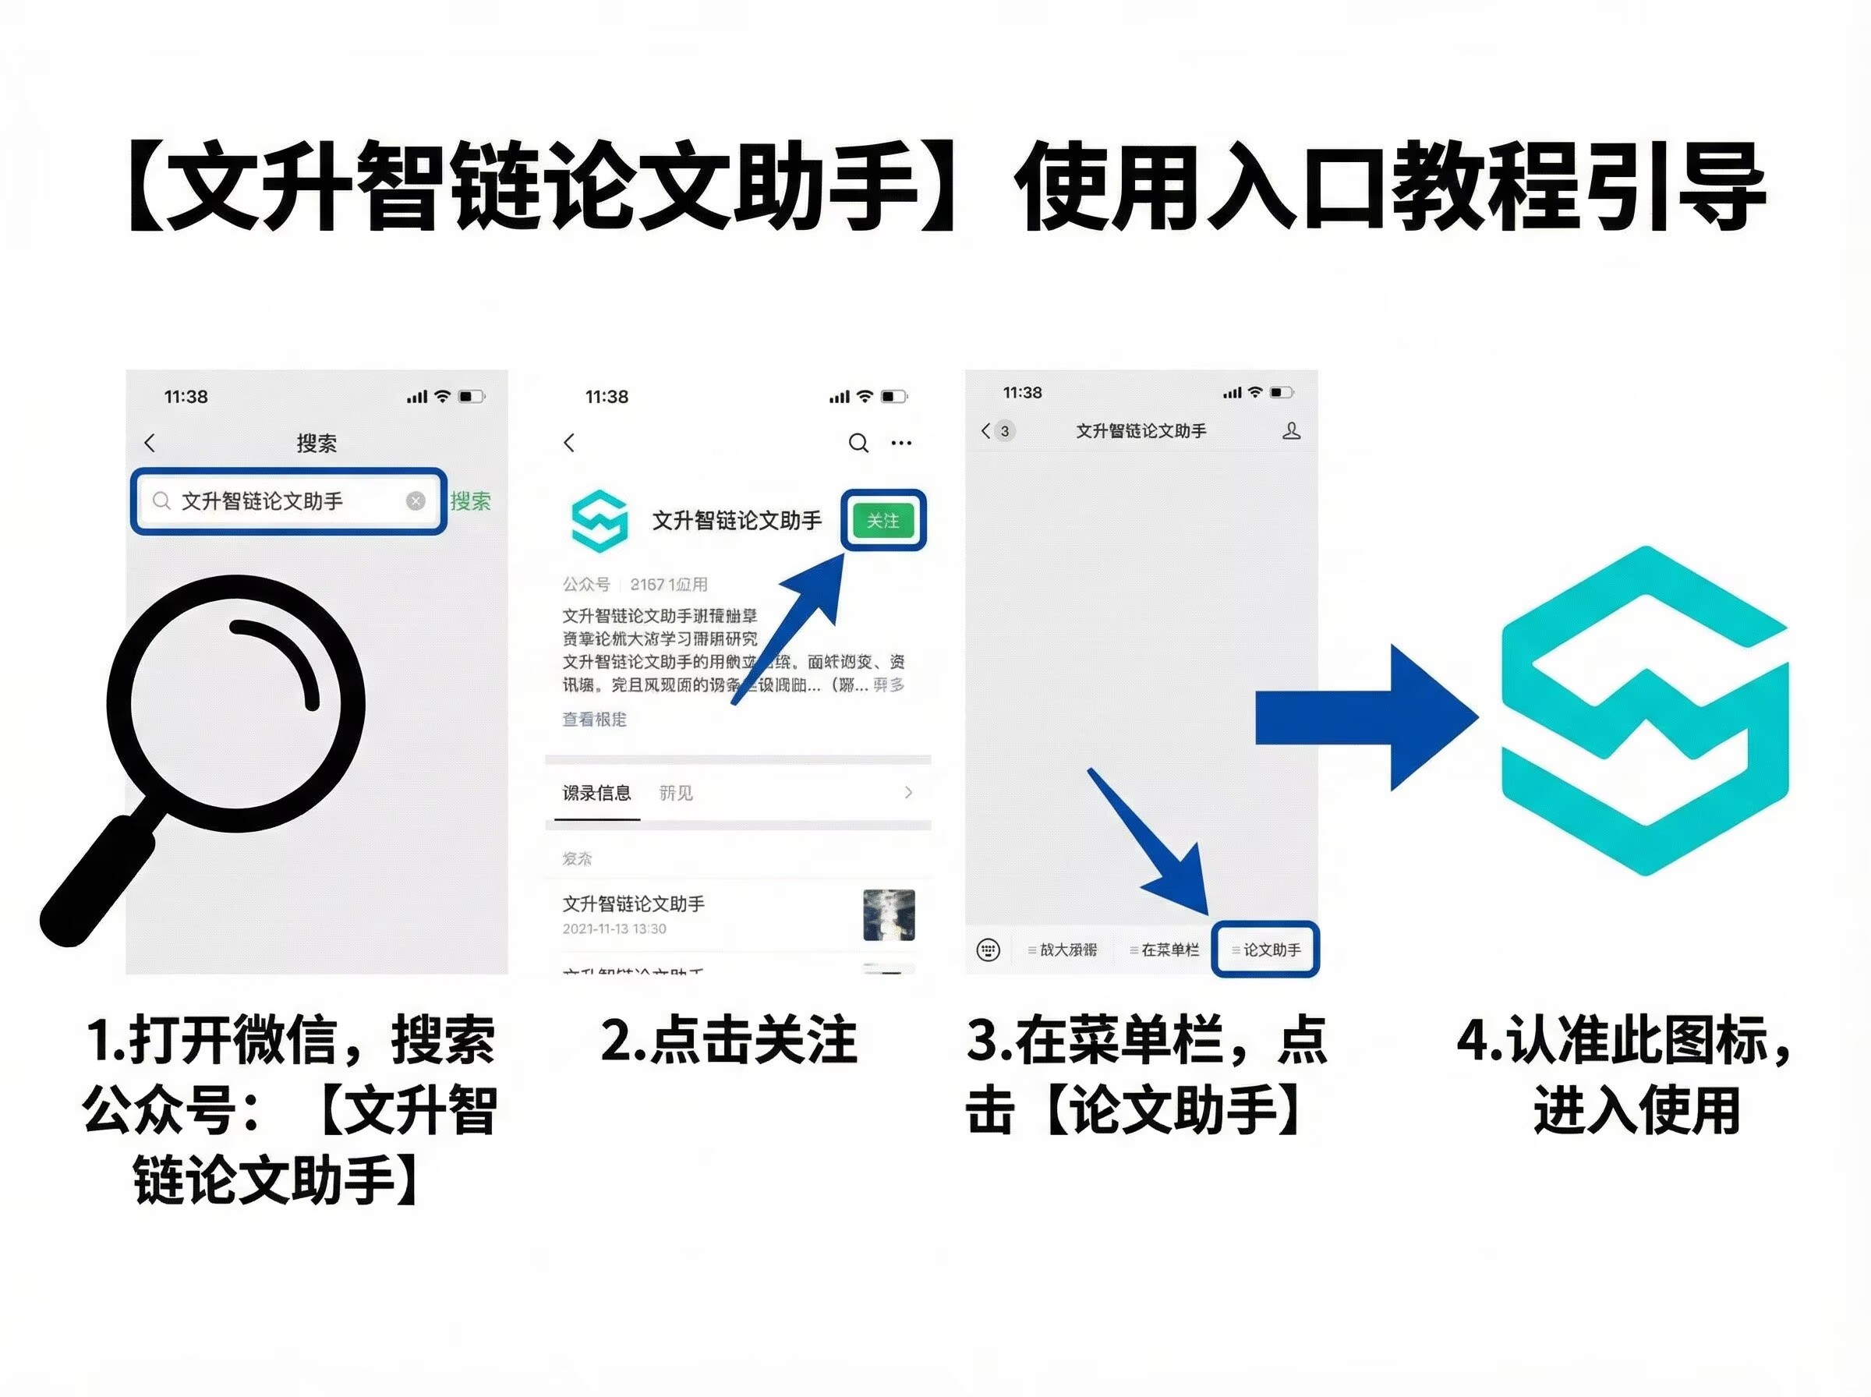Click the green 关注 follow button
(x=882, y=520)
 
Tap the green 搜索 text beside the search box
(x=470, y=500)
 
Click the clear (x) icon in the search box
(x=415, y=500)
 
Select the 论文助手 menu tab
(x=1265, y=950)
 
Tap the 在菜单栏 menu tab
(x=1164, y=950)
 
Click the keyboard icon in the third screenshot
(x=988, y=950)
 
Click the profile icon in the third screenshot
(x=1291, y=431)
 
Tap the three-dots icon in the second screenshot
(x=901, y=442)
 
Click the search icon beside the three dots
(x=858, y=442)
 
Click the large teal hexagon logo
(x=1644, y=710)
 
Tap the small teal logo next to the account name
(x=599, y=520)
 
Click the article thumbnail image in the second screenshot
(x=889, y=914)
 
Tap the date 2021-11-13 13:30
(x=614, y=928)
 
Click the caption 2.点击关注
(x=728, y=1039)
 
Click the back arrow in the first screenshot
(x=150, y=442)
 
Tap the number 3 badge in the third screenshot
(x=1004, y=431)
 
